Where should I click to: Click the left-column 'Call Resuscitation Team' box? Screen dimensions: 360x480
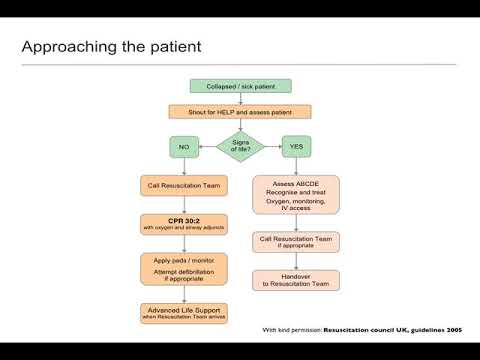click(x=182, y=186)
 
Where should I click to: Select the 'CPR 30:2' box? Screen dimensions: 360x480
click(x=182, y=225)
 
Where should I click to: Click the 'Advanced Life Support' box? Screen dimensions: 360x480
click(x=182, y=312)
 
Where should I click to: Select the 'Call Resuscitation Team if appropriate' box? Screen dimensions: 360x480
click(x=297, y=242)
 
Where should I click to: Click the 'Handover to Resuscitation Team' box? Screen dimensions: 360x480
click(x=297, y=281)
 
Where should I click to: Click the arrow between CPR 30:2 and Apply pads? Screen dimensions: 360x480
click(x=182, y=244)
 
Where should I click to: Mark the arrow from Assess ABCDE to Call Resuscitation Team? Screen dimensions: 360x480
click(x=297, y=222)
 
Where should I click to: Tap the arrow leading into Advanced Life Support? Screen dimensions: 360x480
click(x=182, y=295)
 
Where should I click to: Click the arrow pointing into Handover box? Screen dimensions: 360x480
click(x=297, y=262)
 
